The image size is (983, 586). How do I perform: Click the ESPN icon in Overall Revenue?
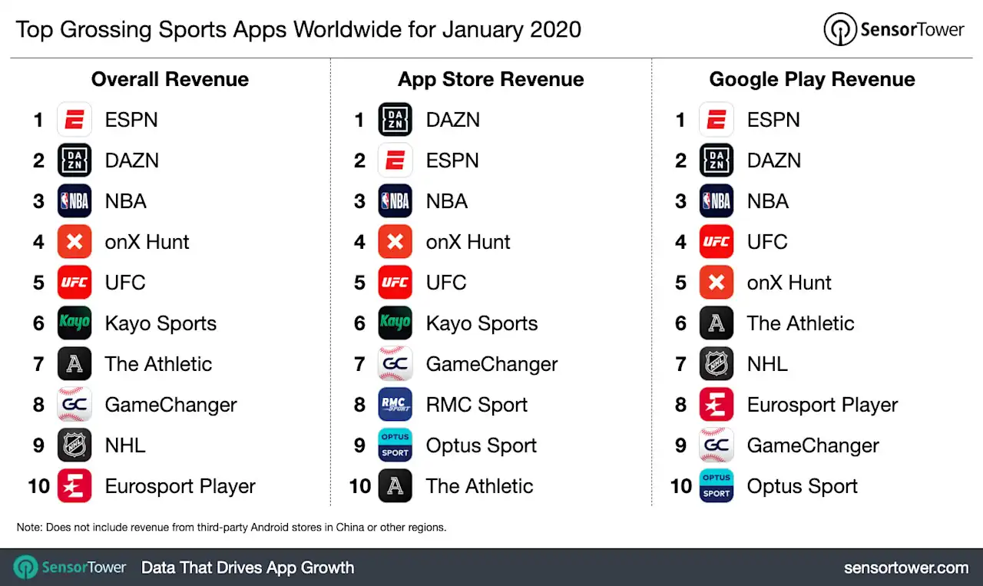point(74,120)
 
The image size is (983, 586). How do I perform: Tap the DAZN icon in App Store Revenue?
point(396,120)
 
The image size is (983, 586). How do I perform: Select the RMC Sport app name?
point(477,405)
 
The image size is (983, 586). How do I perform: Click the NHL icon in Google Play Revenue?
point(717,364)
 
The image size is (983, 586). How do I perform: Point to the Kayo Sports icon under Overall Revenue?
point(74,323)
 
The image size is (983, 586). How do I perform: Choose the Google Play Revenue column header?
point(812,79)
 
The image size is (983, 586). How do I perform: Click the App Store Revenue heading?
point(491,79)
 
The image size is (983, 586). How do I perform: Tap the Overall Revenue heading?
point(170,79)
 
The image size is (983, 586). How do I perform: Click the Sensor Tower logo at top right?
point(893,29)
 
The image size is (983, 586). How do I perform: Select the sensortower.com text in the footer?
point(905,568)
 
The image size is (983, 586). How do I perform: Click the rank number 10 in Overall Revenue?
point(38,486)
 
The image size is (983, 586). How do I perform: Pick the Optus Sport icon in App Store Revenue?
point(396,445)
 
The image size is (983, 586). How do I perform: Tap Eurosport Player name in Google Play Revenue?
point(822,405)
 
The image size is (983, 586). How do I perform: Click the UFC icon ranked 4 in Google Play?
point(717,242)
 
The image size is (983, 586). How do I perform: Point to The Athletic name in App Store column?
point(479,486)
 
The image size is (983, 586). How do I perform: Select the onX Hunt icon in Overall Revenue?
point(74,242)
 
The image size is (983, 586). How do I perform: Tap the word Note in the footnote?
point(29,528)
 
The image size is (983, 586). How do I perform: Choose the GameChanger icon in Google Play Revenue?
point(717,445)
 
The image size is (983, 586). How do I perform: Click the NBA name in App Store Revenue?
point(447,201)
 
